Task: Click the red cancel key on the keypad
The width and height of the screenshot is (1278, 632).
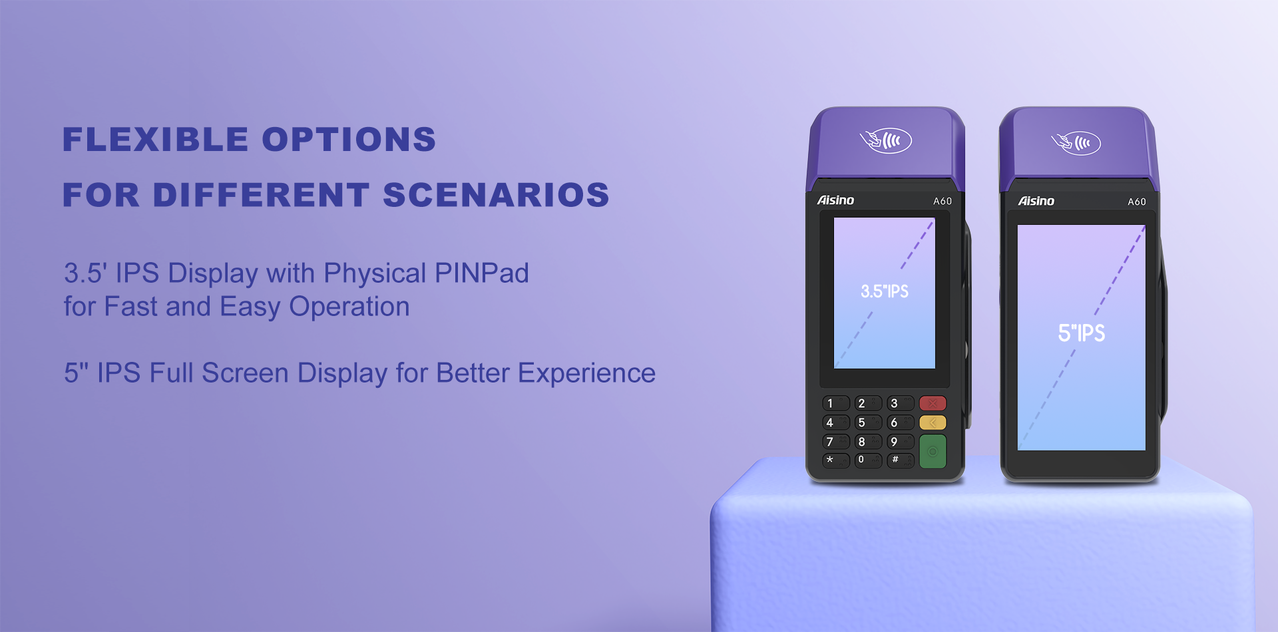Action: click(x=933, y=403)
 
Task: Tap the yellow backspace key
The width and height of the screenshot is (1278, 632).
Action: click(x=933, y=422)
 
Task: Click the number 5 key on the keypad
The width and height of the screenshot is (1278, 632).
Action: click(x=868, y=422)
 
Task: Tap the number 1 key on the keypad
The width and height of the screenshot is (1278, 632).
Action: click(x=836, y=403)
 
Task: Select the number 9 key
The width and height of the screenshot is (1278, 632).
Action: click(x=900, y=442)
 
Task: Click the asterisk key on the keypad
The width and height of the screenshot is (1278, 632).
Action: click(x=836, y=460)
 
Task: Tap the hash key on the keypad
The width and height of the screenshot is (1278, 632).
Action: click(x=900, y=460)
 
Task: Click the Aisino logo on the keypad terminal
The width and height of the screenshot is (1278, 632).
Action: click(x=835, y=200)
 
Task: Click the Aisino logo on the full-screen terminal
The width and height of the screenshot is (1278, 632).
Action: click(x=1036, y=201)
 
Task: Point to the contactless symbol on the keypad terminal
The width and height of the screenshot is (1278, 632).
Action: click(x=886, y=140)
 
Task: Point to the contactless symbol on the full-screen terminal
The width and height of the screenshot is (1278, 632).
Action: click(x=1076, y=143)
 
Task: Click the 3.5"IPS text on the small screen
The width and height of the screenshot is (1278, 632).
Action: click(x=885, y=291)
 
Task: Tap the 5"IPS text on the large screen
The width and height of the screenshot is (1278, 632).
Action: click(x=1082, y=333)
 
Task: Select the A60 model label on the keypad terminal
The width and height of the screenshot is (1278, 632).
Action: click(x=943, y=201)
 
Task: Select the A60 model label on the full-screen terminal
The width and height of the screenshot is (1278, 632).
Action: click(x=1137, y=202)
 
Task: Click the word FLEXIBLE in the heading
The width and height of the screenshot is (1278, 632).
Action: click(x=156, y=140)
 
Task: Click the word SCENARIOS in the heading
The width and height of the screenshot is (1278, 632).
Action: click(x=496, y=195)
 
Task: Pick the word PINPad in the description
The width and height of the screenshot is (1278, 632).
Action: click(x=482, y=273)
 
